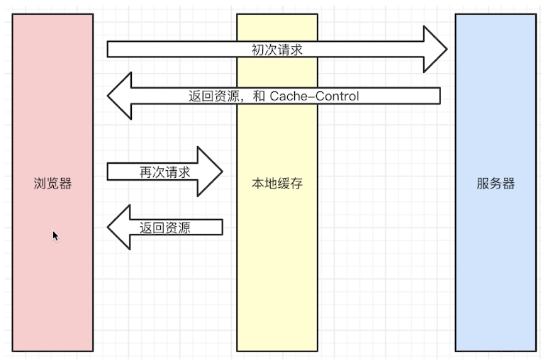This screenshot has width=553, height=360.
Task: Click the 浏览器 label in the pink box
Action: (x=53, y=184)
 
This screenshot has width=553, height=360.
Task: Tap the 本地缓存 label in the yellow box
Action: (x=277, y=184)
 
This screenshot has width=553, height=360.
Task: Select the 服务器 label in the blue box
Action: (x=496, y=184)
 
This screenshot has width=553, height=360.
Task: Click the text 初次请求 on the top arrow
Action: (x=277, y=50)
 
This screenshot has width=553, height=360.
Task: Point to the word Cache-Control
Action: (x=314, y=96)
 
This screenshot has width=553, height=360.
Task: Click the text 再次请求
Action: (x=164, y=172)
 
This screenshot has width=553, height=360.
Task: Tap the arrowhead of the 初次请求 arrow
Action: (x=435, y=49)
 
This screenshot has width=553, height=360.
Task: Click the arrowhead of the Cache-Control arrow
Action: (x=120, y=96)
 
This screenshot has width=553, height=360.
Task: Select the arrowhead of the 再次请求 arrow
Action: (x=210, y=171)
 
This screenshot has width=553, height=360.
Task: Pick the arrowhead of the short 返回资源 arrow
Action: (x=119, y=227)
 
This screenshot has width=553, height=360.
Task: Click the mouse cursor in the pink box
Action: (x=55, y=236)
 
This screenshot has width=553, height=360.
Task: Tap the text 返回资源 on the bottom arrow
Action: (x=164, y=227)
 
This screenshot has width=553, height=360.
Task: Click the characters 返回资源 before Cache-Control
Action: (x=214, y=96)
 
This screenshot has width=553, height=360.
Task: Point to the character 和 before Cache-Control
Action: (x=259, y=96)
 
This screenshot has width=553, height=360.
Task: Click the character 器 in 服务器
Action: (x=508, y=184)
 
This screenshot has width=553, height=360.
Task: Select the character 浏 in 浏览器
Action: (x=40, y=184)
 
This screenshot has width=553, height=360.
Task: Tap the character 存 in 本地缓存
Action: (x=296, y=184)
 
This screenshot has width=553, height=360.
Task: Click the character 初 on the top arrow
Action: (x=258, y=50)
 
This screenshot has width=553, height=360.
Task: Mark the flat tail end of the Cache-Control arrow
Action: (x=440, y=96)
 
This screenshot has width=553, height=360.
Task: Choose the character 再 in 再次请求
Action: (x=145, y=172)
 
